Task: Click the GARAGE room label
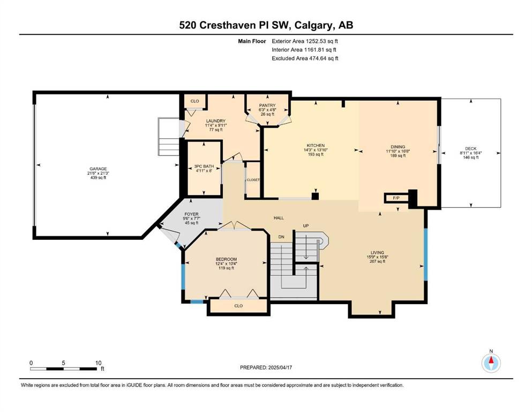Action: tap(98, 169)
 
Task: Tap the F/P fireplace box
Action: tap(395, 198)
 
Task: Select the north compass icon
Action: tap(491, 363)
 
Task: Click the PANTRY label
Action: tap(267, 105)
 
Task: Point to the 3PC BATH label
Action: tap(204, 166)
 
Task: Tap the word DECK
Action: tap(470, 149)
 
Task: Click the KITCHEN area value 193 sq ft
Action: tap(316, 154)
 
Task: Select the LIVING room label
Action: tap(377, 252)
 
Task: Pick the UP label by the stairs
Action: tap(306, 225)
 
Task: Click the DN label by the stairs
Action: tap(281, 237)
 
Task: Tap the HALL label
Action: tap(279, 218)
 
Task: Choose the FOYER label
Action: tap(191, 214)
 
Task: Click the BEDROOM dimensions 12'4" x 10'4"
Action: tap(226, 263)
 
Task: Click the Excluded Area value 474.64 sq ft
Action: tap(324, 58)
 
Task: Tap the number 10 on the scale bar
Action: tap(98, 363)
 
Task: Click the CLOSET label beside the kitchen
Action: tap(253, 180)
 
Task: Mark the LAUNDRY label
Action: tap(216, 121)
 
